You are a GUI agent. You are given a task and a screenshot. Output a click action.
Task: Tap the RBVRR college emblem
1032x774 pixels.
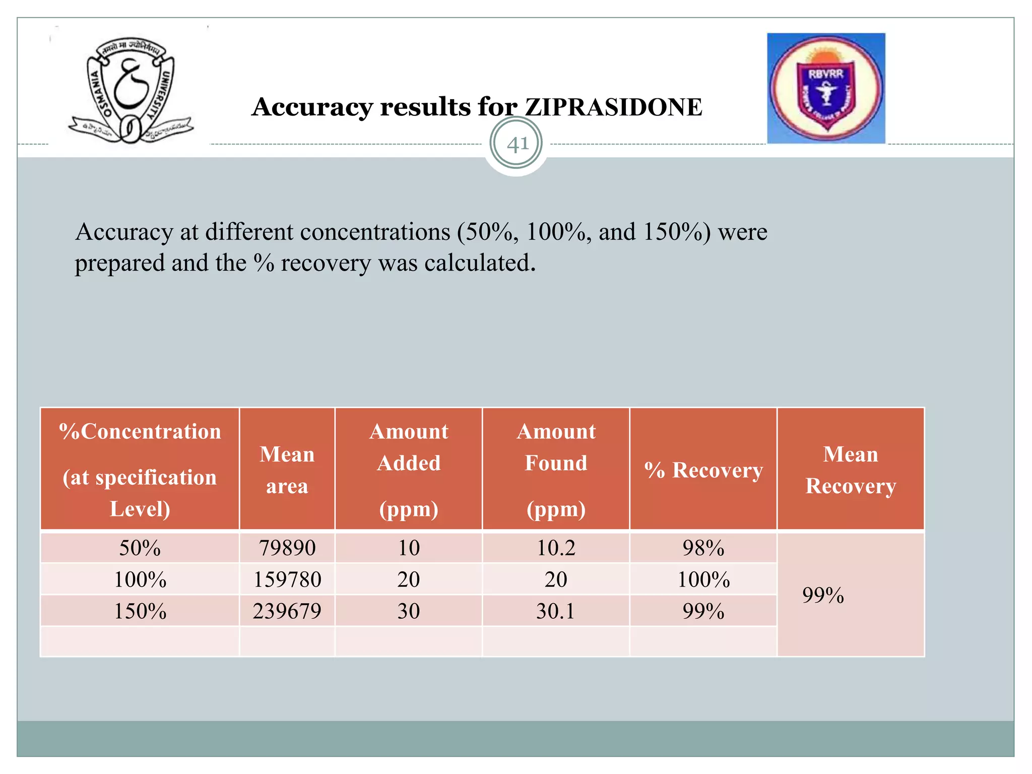click(826, 89)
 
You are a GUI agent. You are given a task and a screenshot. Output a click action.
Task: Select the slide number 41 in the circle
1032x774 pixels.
click(517, 144)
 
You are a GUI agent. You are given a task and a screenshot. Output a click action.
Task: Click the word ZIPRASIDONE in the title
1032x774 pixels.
click(613, 107)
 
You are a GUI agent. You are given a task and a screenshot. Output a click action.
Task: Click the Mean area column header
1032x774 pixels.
click(287, 470)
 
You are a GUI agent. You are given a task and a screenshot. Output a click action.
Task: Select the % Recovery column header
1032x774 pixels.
click(703, 470)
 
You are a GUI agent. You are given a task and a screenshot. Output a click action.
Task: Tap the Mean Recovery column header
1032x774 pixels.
click(851, 470)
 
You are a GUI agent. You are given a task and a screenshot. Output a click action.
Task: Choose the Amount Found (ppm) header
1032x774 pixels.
click(556, 470)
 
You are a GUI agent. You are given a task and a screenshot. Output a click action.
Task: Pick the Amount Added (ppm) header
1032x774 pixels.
click(409, 470)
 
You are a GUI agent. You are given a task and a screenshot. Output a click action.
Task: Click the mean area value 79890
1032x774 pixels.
click(287, 548)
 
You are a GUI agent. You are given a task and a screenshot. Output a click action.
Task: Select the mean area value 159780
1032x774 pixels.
click(287, 579)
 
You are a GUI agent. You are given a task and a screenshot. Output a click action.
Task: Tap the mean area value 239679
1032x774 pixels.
click(287, 611)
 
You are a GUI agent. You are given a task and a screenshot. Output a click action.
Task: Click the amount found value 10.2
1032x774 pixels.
click(556, 548)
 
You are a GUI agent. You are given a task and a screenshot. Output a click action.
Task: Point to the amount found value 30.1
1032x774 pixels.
click(556, 611)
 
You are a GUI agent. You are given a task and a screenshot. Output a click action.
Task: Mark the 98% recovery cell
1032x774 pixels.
click(703, 548)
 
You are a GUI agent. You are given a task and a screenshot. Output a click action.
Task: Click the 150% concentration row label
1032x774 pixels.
click(140, 611)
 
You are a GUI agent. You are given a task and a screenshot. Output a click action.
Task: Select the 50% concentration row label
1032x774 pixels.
click(140, 548)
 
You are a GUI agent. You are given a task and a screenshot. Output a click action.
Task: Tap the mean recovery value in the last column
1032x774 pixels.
click(823, 595)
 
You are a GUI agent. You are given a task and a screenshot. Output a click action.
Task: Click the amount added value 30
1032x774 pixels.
click(409, 611)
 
